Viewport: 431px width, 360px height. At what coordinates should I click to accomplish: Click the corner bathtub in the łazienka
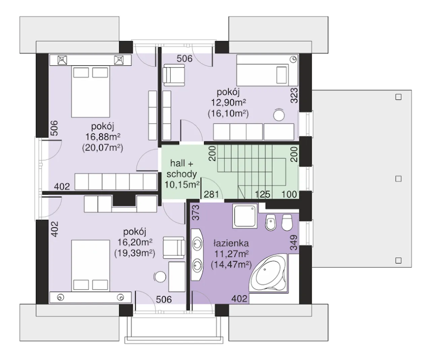[x=268, y=273]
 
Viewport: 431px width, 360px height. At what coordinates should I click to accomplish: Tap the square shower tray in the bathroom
[x=245, y=216]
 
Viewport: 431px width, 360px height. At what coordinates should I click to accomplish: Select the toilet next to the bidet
[x=287, y=223]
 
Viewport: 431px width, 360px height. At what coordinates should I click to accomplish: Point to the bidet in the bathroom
[x=271, y=223]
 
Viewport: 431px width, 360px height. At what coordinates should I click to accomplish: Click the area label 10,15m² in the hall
[x=182, y=185]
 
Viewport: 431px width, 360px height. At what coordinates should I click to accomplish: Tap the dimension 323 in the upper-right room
[x=294, y=95]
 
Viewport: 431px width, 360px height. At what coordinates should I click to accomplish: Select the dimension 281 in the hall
[x=211, y=194]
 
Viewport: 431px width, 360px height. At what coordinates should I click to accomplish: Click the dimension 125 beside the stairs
[x=262, y=194]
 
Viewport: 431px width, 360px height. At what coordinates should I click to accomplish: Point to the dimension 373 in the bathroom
[x=195, y=212]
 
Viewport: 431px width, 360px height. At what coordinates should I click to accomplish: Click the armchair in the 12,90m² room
[x=174, y=75]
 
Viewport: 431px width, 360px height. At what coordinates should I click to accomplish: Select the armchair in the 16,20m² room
[x=174, y=248]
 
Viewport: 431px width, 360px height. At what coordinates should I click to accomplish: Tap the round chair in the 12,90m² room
[x=279, y=115]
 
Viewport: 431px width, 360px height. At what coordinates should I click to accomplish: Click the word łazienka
[x=231, y=243]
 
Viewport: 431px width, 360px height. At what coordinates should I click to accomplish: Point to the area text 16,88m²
[x=103, y=137]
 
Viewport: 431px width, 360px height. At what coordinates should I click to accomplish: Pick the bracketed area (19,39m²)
[x=135, y=253]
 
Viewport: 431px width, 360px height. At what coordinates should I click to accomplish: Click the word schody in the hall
[x=181, y=174]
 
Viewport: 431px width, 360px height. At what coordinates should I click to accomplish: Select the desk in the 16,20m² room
[x=177, y=277]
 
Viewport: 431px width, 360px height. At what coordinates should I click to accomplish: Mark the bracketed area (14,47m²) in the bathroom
[x=231, y=265]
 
